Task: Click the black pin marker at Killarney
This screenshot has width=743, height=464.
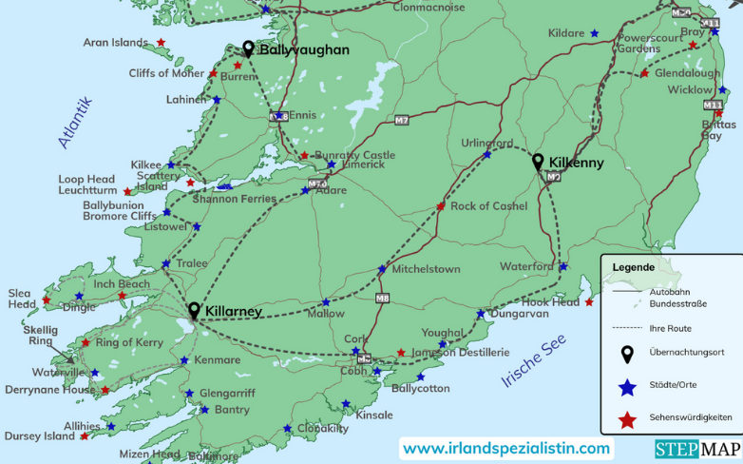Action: point(195,310)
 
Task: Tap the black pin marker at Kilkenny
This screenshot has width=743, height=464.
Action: point(538,162)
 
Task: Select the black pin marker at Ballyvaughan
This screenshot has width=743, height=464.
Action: point(248,48)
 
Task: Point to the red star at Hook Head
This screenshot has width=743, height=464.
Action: point(590,302)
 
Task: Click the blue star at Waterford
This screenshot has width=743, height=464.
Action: point(563,266)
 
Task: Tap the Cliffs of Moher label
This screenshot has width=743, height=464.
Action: point(166,73)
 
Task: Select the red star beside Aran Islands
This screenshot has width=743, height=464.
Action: point(161,42)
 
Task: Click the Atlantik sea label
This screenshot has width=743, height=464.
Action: point(74,122)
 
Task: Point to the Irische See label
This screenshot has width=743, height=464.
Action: point(533,362)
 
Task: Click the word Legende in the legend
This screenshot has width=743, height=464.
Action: point(633,267)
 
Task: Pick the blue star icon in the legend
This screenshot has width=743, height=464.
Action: point(627,387)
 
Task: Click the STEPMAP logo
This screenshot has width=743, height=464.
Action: point(689,449)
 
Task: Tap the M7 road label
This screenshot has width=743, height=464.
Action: point(402,120)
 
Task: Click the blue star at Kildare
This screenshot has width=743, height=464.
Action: point(595,33)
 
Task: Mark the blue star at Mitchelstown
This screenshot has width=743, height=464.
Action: point(382,269)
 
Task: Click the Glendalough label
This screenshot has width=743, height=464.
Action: point(691,72)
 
